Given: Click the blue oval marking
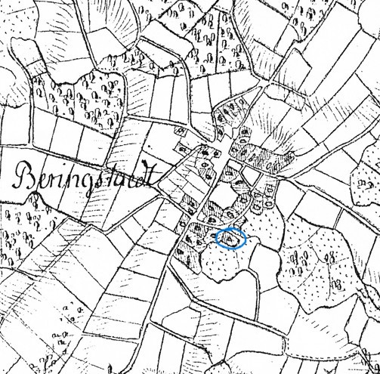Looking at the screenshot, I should pyautogui.click(x=231, y=238).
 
